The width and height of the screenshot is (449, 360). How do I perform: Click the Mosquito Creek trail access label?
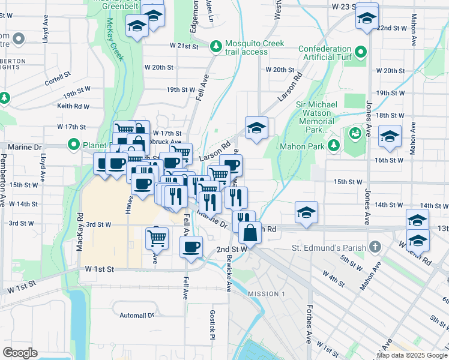pyautogui.click(x=255, y=48)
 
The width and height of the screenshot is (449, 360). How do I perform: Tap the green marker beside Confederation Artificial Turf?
pyautogui.click(x=361, y=52)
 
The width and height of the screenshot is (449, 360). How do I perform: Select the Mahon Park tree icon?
pyautogui.click(x=333, y=146)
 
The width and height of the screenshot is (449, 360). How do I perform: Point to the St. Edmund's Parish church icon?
pyautogui.click(x=375, y=247)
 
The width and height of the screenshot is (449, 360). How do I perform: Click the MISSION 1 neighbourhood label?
pyautogui.click(x=266, y=293)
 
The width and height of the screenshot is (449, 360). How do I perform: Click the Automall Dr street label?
pyautogui.click(x=137, y=315)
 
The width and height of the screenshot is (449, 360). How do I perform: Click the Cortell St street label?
pyautogui.click(x=58, y=78)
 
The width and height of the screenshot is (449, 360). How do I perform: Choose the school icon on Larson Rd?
pyautogui.click(x=256, y=127)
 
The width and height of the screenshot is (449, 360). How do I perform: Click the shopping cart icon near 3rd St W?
pyautogui.click(x=157, y=237)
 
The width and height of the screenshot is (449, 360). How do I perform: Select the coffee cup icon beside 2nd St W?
pyautogui.click(x=191, y=246)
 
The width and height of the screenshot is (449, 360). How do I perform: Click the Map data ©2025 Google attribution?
pyautogui.click(x=412, y=355)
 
